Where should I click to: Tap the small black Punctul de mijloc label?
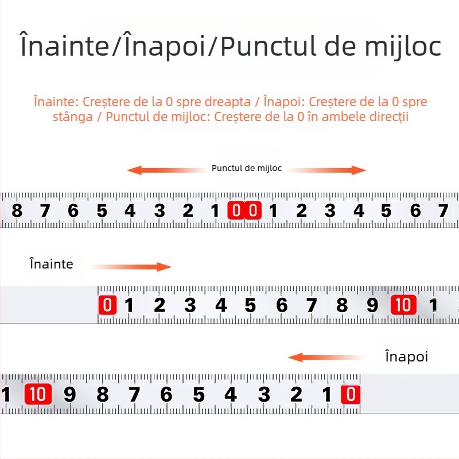[247, 169]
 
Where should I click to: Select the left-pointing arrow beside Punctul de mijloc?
[166, 170]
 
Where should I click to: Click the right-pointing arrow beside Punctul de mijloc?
[327, 170]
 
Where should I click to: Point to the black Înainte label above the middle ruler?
[52, 264]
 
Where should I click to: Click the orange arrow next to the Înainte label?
[131, 267]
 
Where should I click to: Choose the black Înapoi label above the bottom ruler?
[407, 356]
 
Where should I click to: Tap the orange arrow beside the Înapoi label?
[327, 357]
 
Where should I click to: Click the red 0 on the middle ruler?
[107, 305]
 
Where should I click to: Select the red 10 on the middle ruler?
[403, 305]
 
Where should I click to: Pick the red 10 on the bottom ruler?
[38, 395]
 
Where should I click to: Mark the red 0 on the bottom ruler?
[350, 395]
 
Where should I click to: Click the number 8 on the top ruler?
[17, 211]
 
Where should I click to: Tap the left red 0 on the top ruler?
[236, 211]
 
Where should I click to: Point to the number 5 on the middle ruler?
[251, 305]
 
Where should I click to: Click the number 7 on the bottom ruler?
[134, 395]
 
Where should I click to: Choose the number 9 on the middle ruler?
[372, 305]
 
